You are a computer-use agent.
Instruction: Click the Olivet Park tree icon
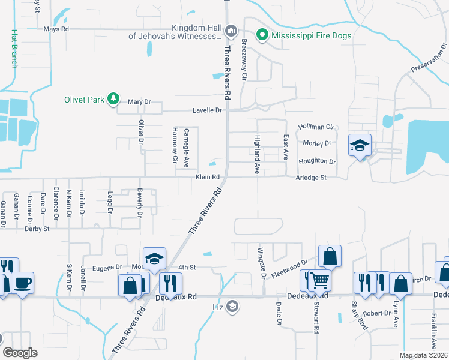[112, 98]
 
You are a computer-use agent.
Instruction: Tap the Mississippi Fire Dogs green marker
[262, 35]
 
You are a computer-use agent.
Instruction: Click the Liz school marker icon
[232, 308]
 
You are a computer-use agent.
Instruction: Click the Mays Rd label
[56, 29]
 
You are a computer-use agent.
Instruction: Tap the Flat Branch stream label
[14, 49]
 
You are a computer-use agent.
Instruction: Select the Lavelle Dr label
[207, 110]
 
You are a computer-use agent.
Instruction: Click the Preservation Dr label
[430, 58]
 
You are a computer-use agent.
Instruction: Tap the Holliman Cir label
[316, 127]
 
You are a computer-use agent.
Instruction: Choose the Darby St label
[37, 229]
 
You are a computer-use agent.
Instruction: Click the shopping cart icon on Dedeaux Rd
[319, 279]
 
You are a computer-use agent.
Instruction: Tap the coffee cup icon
[23, 283]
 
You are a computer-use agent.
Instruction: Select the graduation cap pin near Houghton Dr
[360, 145]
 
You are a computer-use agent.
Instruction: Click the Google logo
[20, 353]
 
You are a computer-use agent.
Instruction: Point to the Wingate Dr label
[261, 263]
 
